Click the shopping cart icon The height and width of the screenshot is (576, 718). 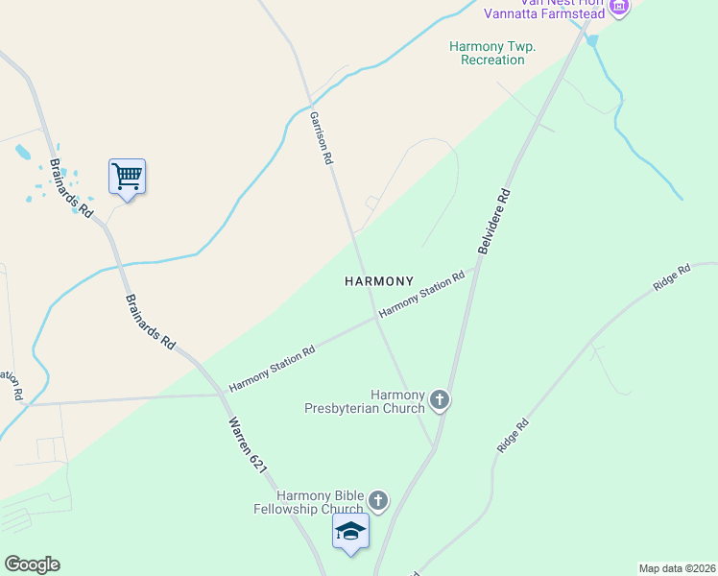[127, 177]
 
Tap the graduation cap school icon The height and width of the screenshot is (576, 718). [350, 531]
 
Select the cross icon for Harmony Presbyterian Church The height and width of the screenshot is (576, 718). [440, 399]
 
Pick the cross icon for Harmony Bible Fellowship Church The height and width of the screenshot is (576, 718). [378, 500]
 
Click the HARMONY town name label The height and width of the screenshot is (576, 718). [379, 281]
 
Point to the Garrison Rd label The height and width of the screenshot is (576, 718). [321, 138]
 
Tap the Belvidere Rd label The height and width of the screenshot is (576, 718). [494, 222]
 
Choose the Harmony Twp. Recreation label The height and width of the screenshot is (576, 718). [492, 53]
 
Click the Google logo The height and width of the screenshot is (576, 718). [32, 564]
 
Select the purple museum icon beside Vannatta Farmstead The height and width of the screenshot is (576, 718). [619, 9]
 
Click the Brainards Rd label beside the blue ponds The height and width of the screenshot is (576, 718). [71, 187]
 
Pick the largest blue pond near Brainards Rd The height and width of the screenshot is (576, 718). [22, 152]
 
